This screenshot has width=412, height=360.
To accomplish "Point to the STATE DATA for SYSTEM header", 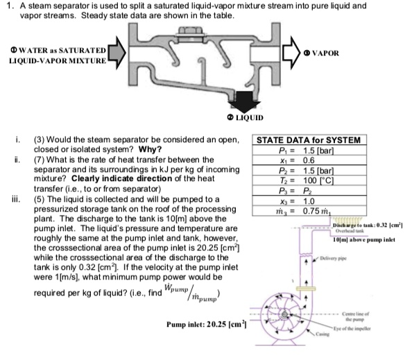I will pos(309,140).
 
